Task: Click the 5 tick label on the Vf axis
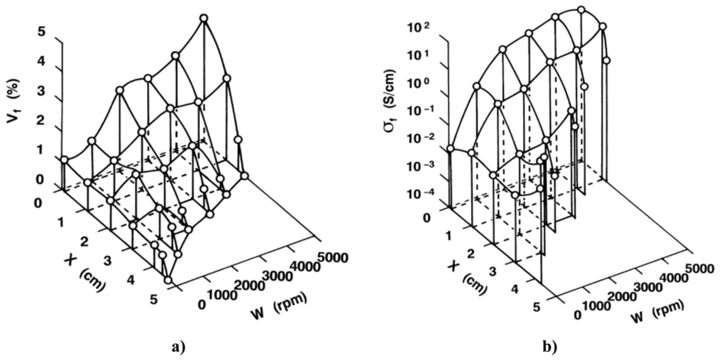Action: pos(41,32)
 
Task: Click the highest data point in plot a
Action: pos(204,18)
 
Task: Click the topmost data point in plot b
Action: pos(581,17)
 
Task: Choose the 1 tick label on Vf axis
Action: pos(41,150)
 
